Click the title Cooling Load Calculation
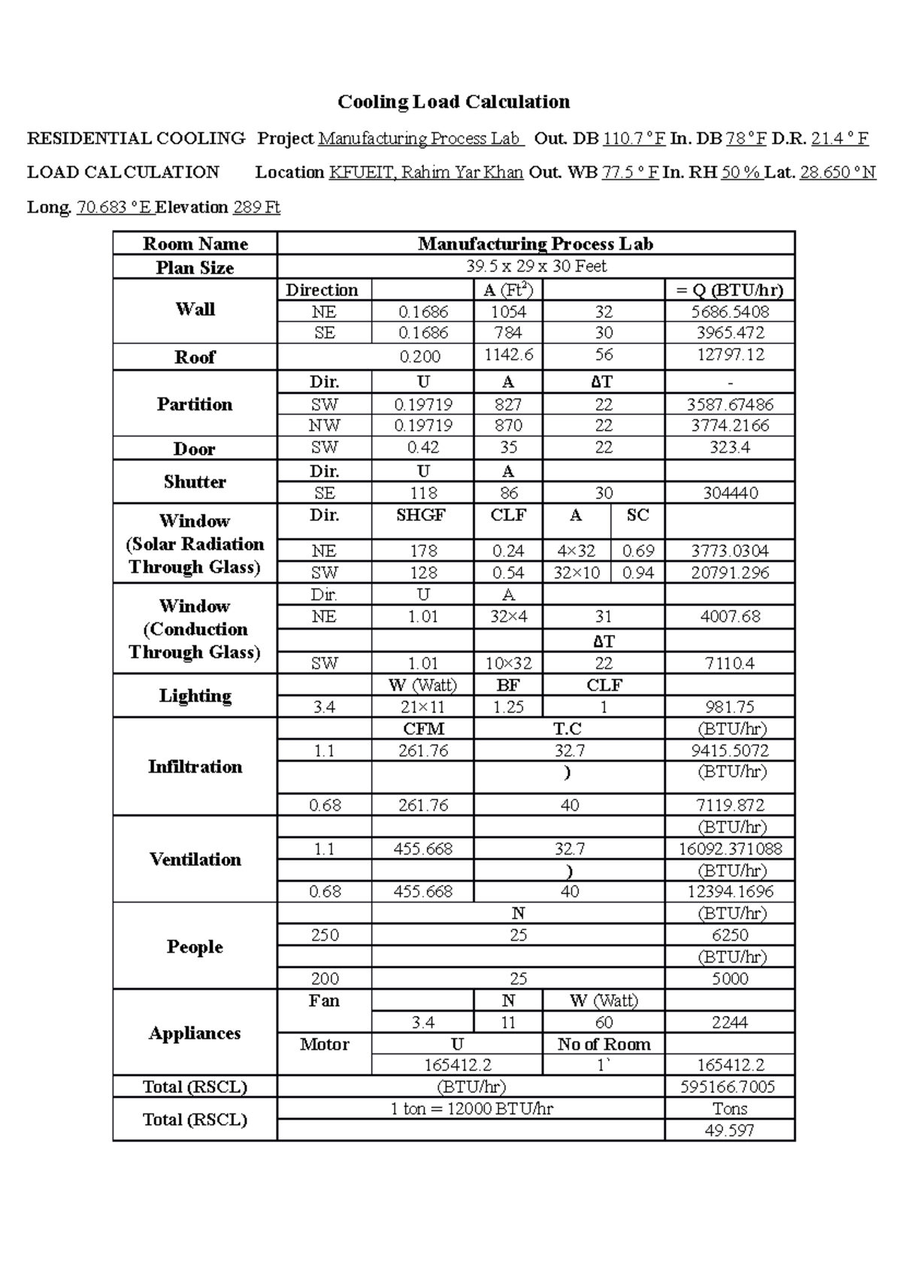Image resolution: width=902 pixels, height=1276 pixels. click(453, 101)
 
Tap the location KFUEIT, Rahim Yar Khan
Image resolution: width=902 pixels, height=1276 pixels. click(425, 172)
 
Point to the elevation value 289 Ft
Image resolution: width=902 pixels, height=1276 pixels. click(256, 207)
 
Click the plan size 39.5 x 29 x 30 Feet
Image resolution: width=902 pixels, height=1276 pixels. click(536, 266)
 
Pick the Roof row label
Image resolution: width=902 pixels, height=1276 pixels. click(195, 357)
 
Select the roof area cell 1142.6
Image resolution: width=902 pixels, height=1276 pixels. click(508, 355)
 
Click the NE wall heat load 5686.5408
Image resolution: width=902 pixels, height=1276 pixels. click(729, 311)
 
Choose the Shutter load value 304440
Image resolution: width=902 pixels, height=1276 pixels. click(729, 493)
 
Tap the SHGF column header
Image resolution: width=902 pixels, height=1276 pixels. click(422, 515)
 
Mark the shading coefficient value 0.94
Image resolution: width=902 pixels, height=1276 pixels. click(637, 573)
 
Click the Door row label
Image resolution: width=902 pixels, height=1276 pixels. click(195, 449)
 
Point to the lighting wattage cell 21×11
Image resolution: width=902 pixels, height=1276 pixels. click(422, 707)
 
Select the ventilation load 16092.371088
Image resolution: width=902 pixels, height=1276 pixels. click(729, 849)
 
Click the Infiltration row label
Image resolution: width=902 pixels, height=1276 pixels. click(195, 767)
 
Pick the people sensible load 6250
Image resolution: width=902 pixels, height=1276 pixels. click(729, 935)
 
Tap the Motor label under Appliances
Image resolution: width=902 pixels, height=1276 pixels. click(324, 1044)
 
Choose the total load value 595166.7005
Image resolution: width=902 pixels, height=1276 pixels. click(729, 1087)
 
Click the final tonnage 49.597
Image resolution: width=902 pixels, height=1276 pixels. click(729, 1130)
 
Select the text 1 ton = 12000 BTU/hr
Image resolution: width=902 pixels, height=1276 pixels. click(471, 1108)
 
